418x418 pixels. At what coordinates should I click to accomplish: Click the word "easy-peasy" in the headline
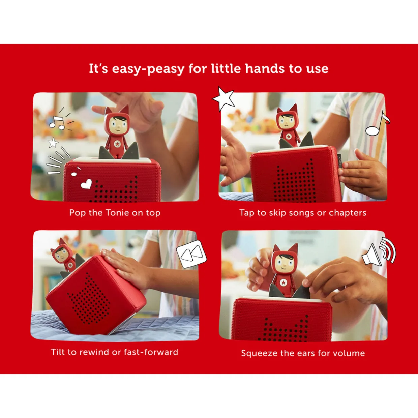click(x=148, y=69)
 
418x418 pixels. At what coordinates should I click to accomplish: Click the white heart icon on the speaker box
click(x=86, y=184)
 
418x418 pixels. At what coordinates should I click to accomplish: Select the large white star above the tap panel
click(x=223, y=99)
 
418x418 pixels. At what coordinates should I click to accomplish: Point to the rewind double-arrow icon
click(x=191, y=253)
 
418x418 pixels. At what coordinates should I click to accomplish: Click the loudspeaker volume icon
click(x=379, y=252)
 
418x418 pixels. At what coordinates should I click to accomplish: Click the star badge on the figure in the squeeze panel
click(x=283, y=282)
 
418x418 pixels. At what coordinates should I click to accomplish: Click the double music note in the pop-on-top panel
click(x=57, y=123)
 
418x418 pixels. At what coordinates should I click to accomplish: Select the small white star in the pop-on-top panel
click(x=53, y=143)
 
